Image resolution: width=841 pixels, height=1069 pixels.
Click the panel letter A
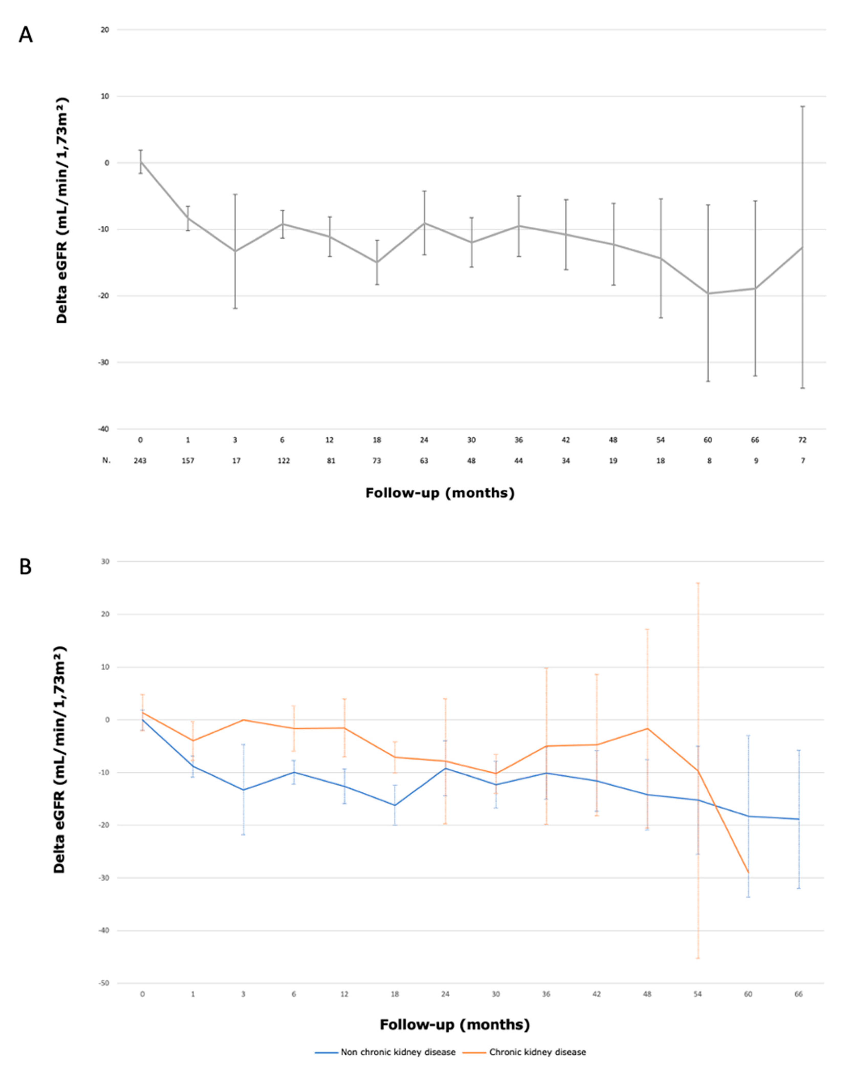(26, 35)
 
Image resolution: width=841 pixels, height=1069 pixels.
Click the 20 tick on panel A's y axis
(105, 29)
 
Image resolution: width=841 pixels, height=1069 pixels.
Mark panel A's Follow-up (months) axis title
(440, 493)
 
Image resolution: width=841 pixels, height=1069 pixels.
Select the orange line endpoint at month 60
(748, 873)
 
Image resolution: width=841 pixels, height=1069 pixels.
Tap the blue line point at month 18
(394, 805)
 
